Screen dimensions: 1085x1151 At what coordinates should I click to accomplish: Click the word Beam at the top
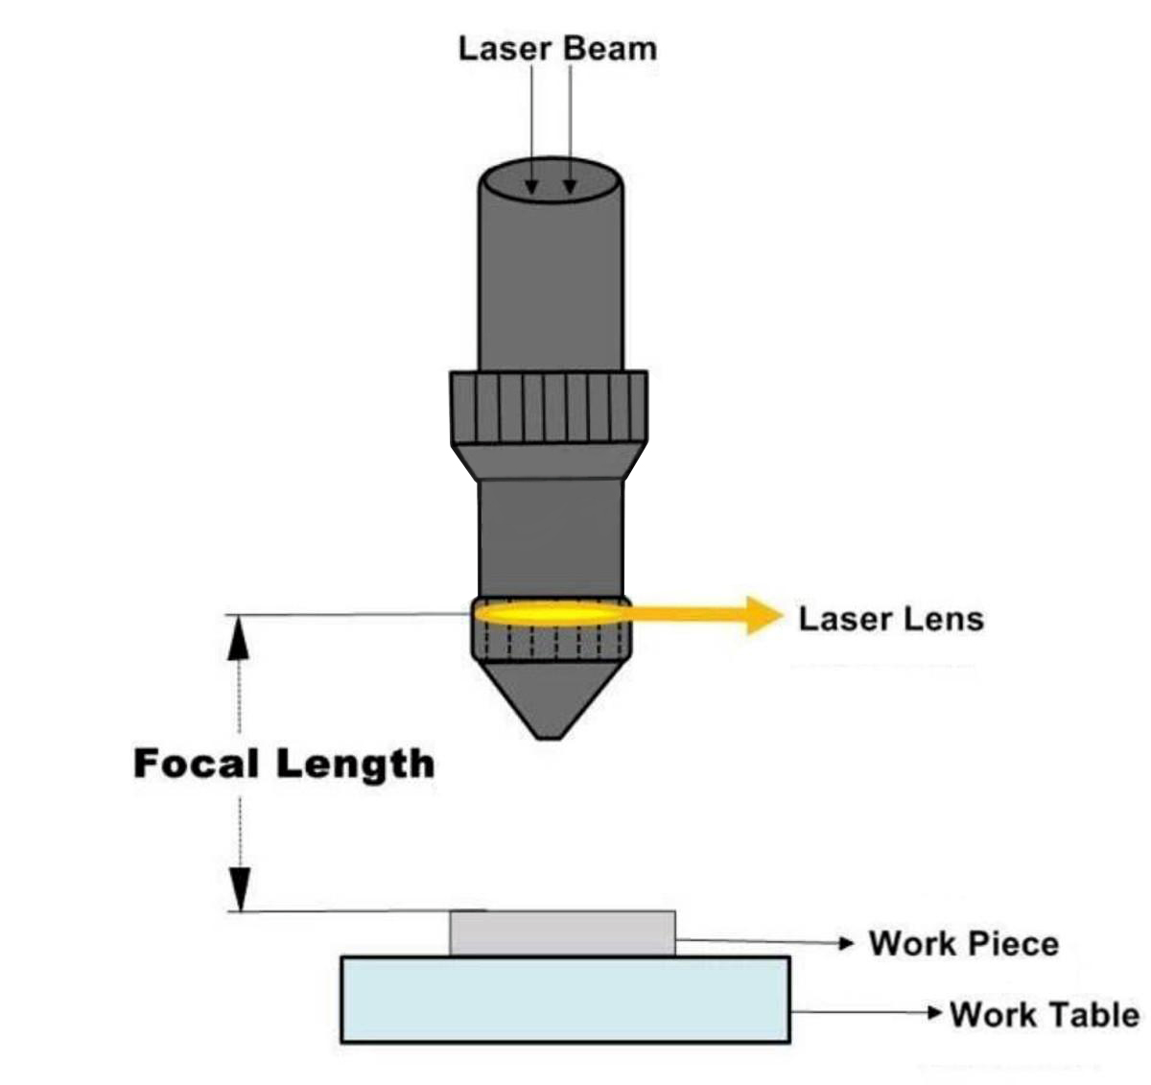[610, 49]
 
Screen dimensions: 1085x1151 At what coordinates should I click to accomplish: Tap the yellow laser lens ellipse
[547, 612]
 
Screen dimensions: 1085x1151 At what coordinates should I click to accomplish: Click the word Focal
[197, 764]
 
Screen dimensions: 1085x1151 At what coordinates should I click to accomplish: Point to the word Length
[356, 766]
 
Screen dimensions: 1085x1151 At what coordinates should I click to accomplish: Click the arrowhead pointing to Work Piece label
[846, 943]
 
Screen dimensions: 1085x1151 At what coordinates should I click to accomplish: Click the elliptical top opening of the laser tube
[550, 180]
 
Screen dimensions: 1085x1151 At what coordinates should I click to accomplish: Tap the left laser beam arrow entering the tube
[531, 182]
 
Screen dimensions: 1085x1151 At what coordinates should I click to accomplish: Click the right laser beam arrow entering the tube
[571, 182]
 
